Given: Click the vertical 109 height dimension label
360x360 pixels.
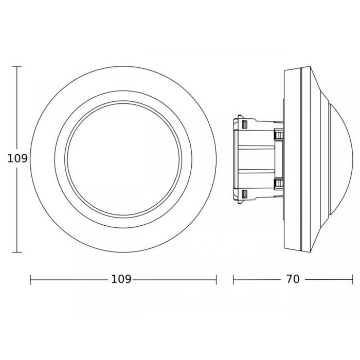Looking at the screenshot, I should point(17,158).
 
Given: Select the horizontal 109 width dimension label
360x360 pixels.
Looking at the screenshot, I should point(121,279).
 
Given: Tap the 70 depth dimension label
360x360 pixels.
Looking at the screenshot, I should point(292,279).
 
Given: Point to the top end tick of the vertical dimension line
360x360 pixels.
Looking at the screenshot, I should point(17,66).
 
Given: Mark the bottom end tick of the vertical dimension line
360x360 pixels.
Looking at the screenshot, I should point(17,253).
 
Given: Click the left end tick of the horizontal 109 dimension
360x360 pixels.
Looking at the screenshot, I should point(31,279).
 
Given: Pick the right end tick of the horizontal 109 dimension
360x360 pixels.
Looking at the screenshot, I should point(216,279).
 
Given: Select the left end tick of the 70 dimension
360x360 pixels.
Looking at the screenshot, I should point(233,279).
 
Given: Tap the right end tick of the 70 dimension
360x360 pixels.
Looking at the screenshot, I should point(352,279).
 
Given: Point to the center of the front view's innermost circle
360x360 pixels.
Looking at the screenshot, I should point(123,159).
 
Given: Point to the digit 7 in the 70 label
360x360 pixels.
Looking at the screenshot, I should point(289,279).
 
